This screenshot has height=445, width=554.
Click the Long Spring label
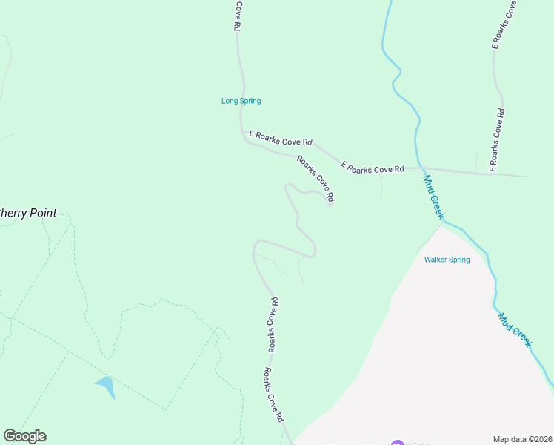(x=241, y=101)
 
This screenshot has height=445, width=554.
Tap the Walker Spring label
(x=447, y=260)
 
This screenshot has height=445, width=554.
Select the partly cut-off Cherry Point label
(x=27, y=213)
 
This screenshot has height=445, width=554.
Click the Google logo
(x=24, y=436)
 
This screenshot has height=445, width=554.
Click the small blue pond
(x=106, y=386)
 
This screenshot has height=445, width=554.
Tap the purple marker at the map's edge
(x=396, y=443)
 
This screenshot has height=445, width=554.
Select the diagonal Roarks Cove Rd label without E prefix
(x=316, y=179)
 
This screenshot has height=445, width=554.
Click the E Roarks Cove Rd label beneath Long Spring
(x=281, y=137)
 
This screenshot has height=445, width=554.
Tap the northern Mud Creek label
(x=434, y=197)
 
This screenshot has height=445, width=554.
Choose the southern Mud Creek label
(x=515, y=329)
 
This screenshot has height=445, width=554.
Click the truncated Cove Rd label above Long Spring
(x=238, y=16)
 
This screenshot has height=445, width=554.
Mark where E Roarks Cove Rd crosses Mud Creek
(x=418, y=168)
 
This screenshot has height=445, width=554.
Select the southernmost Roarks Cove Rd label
(x=274, y=395)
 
